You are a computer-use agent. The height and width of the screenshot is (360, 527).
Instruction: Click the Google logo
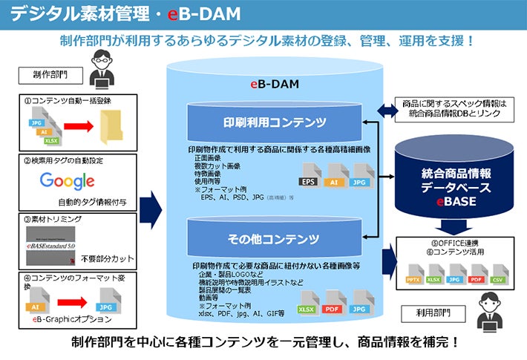click(68, 180)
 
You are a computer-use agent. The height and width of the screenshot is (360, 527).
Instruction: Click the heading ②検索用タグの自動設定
click(61, 160)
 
